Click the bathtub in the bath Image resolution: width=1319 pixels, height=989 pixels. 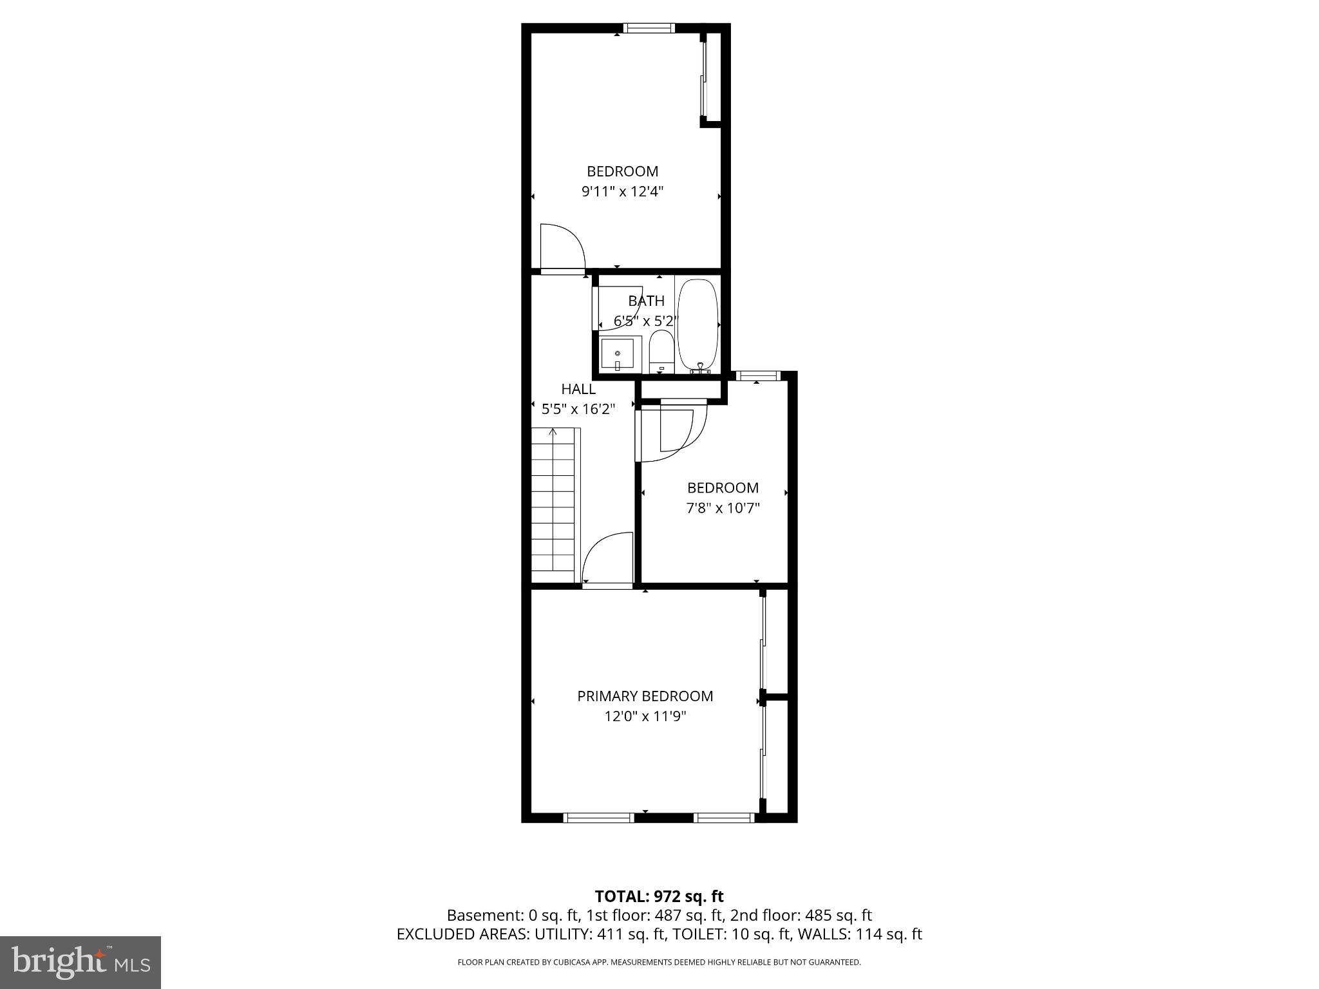[x=697, y=325]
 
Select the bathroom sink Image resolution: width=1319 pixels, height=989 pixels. [x=617, y=354]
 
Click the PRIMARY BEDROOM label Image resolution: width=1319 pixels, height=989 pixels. [x=645, y=696]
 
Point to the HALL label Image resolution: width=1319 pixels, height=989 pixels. [x=578, y=389]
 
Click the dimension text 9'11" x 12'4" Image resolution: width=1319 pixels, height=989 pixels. [x=622, y=191]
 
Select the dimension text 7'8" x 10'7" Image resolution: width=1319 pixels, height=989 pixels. [x=723, y=508]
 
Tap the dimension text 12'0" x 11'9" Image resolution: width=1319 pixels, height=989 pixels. [x=645, y=716]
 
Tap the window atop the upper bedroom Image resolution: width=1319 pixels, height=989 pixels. [x=649, y=28]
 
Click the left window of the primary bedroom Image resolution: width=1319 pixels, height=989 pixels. [x=598, y=818]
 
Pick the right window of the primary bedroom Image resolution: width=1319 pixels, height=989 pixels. [x=723, y=818]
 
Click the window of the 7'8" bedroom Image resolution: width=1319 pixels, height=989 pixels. [x=758, y=375]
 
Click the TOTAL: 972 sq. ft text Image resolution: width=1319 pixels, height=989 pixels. [x=659, y=896]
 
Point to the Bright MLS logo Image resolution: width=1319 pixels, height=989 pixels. [x=81, y=962]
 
